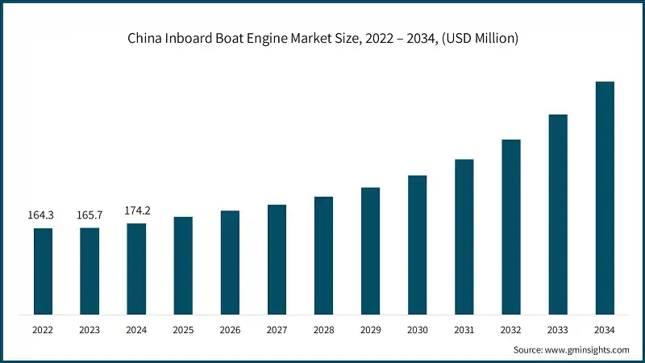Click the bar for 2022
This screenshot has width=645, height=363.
(43, 271)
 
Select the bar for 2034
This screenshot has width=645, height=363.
(605, 198)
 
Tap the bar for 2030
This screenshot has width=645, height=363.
(417, 244)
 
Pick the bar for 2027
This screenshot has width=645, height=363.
(277, 259)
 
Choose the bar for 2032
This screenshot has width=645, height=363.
(510, 227)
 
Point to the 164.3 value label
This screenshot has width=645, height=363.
(43, 215)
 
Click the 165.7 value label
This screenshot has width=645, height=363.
(89, 215)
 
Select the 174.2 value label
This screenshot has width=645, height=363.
(136, 211)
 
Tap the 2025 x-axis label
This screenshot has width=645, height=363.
(183, 330)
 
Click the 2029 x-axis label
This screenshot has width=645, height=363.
(370, 330)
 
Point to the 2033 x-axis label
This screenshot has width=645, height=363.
(558, 330)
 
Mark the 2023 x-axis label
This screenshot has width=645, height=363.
(89, 330)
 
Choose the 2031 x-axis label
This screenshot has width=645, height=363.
(464, 330)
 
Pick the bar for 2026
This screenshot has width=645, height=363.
(230, 262)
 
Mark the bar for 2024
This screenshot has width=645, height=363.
(136, 269)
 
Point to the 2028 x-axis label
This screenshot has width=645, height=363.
(323, 330)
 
